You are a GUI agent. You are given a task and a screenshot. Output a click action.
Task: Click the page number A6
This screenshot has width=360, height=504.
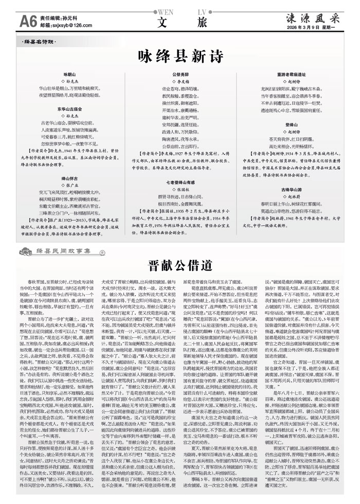[x=12, y=21]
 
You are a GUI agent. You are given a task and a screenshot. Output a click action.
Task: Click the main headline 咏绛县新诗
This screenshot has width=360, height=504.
[x=179, y=56]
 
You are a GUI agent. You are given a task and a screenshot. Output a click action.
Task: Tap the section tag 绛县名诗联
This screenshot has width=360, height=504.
[x=38, y=41]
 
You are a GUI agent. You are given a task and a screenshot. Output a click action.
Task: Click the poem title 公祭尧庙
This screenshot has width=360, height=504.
[x=179, y=75]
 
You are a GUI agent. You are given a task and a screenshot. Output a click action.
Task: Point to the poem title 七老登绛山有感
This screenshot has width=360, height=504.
[x=179, y=182]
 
